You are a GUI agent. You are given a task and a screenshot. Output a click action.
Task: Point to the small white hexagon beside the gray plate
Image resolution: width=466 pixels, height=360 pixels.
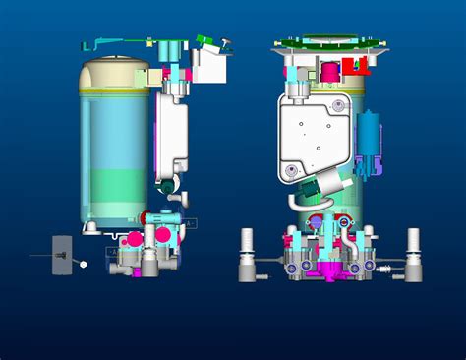[x=84, y=264]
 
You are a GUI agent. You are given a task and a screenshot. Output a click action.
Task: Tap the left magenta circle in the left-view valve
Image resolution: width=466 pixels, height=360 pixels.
[x=133, y=239]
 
